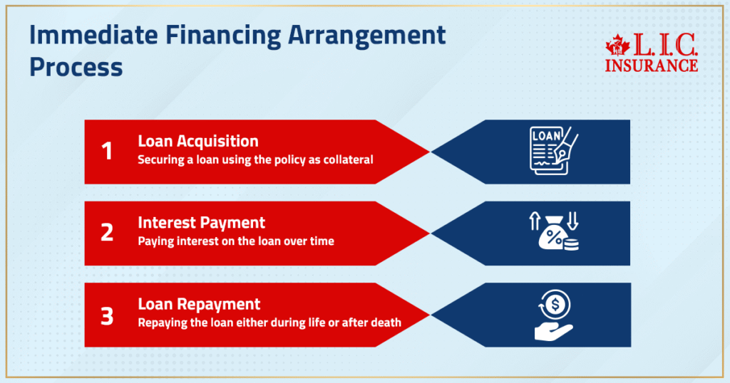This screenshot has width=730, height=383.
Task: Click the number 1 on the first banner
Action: point(108,152)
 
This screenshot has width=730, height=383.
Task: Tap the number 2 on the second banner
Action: point(107,233)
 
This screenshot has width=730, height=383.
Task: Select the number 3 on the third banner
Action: point(107,315)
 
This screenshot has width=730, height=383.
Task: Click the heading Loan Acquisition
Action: point(198,141)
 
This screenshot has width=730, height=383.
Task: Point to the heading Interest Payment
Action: point(202,223)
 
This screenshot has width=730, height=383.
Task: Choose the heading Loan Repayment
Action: point(200,304)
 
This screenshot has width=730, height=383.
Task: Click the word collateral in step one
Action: point(349,159)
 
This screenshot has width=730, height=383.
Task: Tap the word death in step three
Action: point(386,322)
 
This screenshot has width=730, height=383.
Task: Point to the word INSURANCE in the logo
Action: point(651,65)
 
